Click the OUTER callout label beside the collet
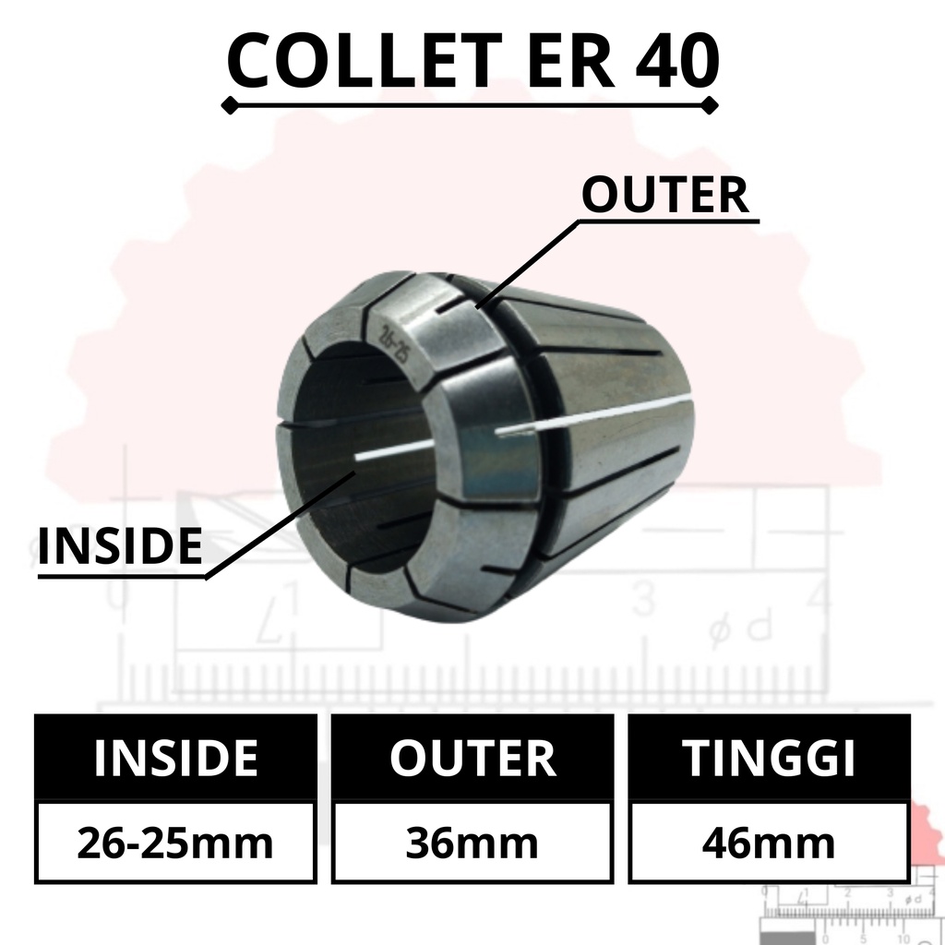[x=665, y=195]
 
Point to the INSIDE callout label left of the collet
[x=120, y=545]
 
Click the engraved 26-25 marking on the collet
[x=392, y=344]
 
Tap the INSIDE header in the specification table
[x=176, y=758]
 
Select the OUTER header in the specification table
[x=472, y=758]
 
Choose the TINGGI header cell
[x=769, y=758]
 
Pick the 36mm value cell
[x=472, y=843]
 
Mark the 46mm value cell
[x=769, y=843]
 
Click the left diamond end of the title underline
[x=230, y=105]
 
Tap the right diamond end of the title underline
[x=711, y=105]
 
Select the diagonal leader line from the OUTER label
[x=527, y=265]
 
